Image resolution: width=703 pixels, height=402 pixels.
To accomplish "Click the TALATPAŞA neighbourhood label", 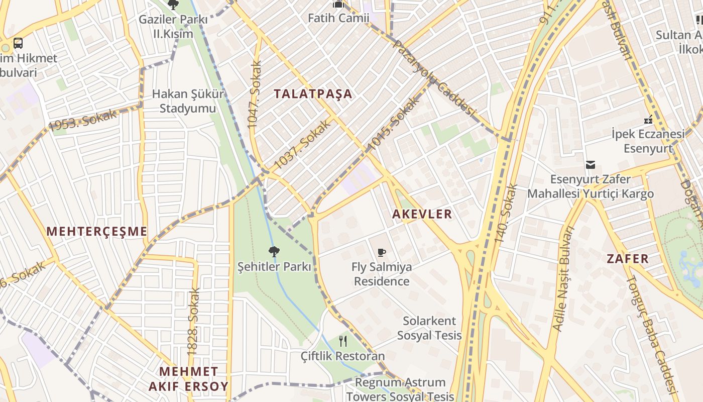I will tap(313, 94).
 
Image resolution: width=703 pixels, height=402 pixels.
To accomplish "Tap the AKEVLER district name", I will tap(422, 214).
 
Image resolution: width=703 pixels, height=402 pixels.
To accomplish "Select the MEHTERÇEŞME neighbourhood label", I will tap(97, 232).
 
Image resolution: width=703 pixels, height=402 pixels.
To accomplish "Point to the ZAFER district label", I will tap(628, 259).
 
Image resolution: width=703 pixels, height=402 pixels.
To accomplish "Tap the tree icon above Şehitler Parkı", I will tap(274, 251).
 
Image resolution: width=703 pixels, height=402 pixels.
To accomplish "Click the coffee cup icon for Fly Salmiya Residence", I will tap(382, 252).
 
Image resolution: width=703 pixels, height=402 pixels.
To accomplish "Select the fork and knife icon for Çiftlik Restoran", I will tap(343, 341).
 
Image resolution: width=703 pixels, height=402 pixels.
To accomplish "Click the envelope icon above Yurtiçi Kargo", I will tap(591, 165).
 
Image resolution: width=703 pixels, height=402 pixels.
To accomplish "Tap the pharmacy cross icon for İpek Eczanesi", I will tap(648, 120).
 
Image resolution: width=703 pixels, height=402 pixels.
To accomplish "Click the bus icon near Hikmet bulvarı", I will tap(18, 43).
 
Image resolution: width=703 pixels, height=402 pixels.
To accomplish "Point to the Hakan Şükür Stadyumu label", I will tap(188, 101).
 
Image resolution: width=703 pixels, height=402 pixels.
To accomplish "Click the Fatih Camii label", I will tap(338, 18).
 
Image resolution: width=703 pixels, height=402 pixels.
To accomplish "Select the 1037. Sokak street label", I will tap(303, 145).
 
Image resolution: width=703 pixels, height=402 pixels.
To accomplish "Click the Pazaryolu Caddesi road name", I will tap(434, 77).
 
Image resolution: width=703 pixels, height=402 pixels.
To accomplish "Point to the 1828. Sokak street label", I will tap(194, 322).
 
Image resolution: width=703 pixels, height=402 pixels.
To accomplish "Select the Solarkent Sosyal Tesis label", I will tap(429, 328).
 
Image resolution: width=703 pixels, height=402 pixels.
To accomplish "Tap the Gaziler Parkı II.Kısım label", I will tap(173, 27).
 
